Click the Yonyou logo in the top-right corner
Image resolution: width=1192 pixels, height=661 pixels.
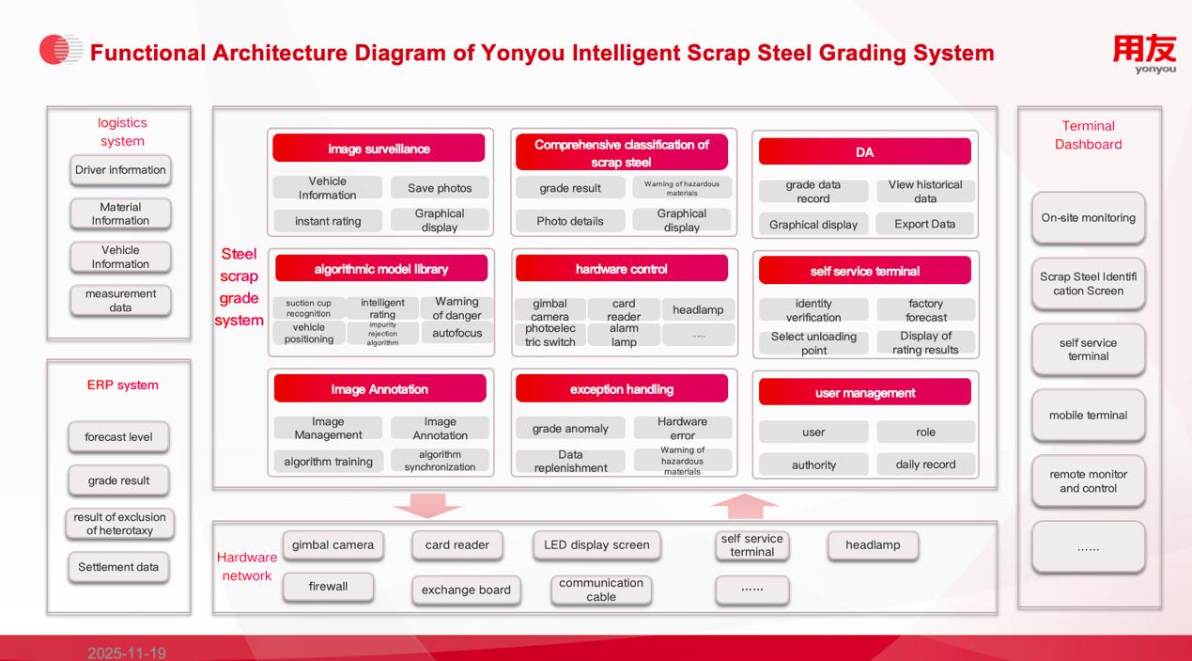(1143, 54)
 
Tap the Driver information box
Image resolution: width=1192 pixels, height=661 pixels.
(120, 170)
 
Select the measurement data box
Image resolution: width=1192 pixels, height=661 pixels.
(120, 300)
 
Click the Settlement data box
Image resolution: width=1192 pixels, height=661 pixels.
(118, 567)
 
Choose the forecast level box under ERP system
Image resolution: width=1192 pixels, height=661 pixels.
(118, 437)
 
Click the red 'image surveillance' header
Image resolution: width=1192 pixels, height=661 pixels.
(379, 149)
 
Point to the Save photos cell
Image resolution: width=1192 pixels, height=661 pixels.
(440, 188)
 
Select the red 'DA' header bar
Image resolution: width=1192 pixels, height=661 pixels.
(864, 152)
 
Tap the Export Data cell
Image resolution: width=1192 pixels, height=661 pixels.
(925, 224)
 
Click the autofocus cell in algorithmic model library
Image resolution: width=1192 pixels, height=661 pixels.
(457, 333)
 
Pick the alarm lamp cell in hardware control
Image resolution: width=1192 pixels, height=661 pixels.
(624, 336)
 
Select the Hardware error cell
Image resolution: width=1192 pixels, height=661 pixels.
(683, 429)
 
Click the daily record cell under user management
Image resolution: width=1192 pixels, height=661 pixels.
(925, 464)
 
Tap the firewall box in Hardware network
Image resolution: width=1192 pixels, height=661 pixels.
(329, 587)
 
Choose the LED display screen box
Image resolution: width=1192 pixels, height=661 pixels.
(596, 544)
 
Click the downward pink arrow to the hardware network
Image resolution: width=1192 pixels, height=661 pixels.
(427, 506)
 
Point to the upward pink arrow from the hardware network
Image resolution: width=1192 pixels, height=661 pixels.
(745, 506)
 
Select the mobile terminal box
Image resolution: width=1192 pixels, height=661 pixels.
(1088, 415)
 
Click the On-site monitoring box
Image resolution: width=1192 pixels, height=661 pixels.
(1088, 217)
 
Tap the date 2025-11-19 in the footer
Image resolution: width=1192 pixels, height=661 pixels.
(127, 653)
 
